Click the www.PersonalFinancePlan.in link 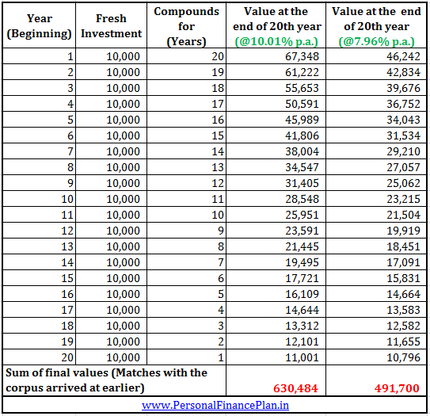pyautogui.click(x=215, y=405)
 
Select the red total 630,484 pyautogui.click(x=295, y=388)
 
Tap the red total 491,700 pyautogui.click(x=397, y=388)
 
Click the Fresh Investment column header pyautogui.click(x=112, y=26)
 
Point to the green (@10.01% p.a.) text pyautogui.click(x=276, y=42)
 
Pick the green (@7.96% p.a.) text pyautogui.click(x=376, y=42)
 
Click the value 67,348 pyautogui.click(x=302, y=56)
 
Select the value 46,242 pyautogui.click(x=403, y=56)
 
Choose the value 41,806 pyautogui.click(x=302, y=135)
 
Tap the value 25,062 pyautogui.click(x=403, y=183)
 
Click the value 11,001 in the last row pyautogui.click(x=302, y=357)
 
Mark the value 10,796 pyautogui.click(x=403, y=357)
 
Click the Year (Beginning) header pyautogui.click(x=40, y=26)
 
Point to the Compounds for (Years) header pyautogui.click(x=186, y=26)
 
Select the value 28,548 pyautogui.click(x=302, y=199)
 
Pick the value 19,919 pyautogui.click(x=403, y=231)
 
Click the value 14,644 pyautogui.click(x=302, y=310)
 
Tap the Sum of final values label pyautogui.click(x=106, y=380)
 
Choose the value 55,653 pyautogui.click(x=302, y=88)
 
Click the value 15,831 pyautogui.click(x=403, y=278)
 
